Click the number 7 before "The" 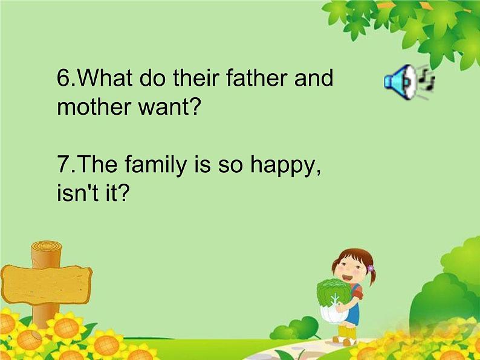click(62, 165)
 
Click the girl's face click(349, 266)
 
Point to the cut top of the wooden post click(47, 247)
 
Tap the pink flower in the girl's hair click(370, 268)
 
